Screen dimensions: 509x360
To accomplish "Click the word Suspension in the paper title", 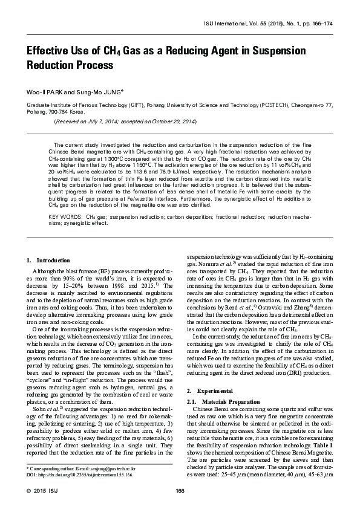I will coord(272,50).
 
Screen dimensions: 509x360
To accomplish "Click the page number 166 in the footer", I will coord(180,491).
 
